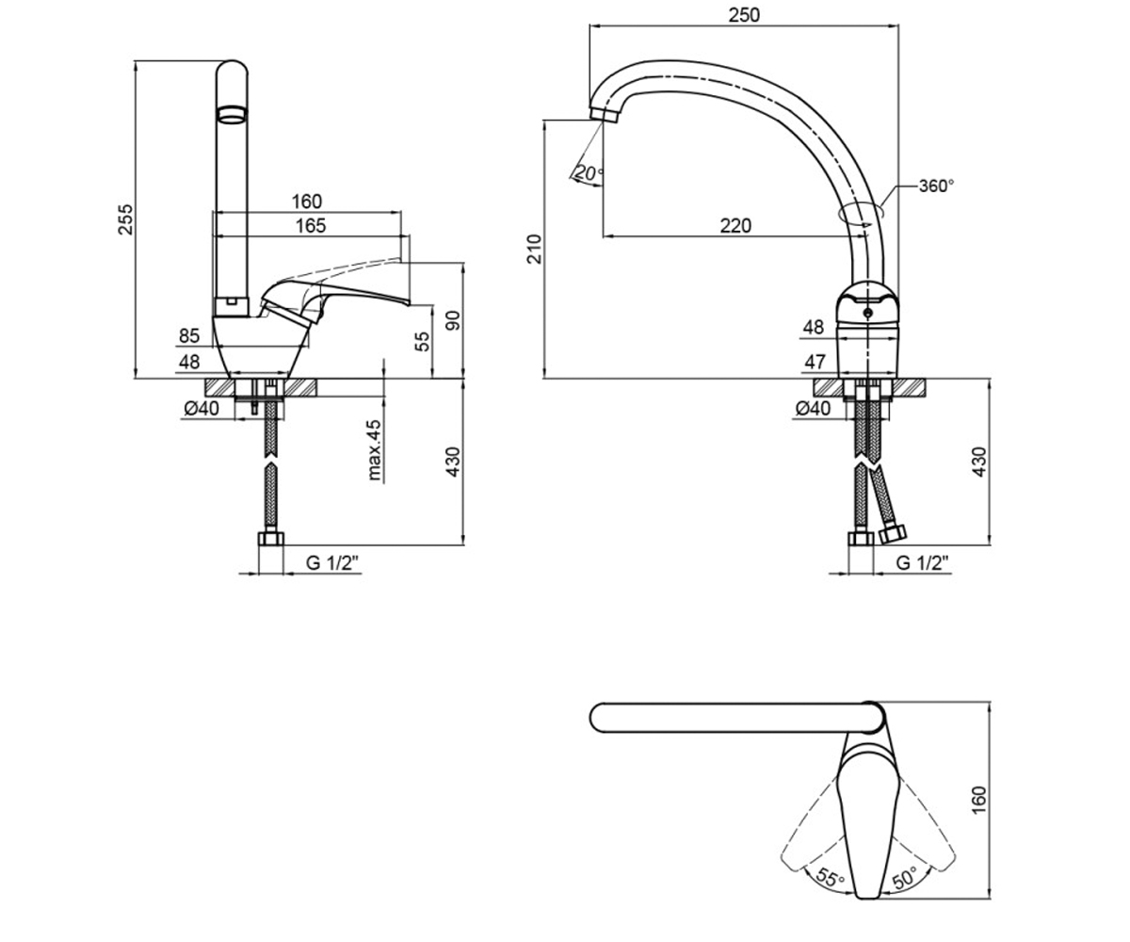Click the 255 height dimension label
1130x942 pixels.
pos(125,219)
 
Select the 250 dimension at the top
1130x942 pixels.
pos(744,15)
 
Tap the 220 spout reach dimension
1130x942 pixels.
pos(735,225)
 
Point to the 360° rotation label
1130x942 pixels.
pos(936,186)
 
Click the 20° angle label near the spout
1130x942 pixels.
pos(589,172)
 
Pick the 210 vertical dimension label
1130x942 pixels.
pos(535,249)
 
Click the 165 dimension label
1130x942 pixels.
pos(311,225)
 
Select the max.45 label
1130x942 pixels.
pos(375,450)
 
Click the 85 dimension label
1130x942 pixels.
pos(189,336)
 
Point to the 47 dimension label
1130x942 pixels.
pos(815,362)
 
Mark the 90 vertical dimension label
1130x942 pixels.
pos(454,320)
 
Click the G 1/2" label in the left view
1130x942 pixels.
pos(332,563)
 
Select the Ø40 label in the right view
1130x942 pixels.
pos(813,408)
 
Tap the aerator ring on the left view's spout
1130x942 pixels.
pos(233,114)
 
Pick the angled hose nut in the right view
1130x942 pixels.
pos(892,533)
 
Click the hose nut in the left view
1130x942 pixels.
pos(271,539)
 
